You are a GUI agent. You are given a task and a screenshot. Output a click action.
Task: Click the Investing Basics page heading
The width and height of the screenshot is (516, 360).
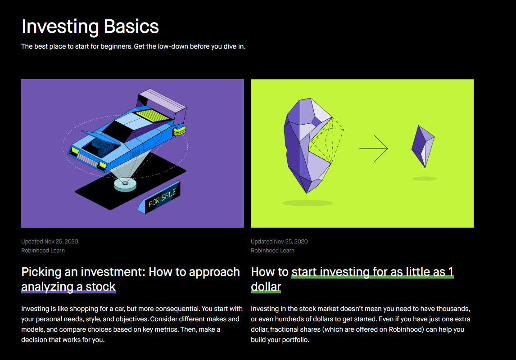pos(90,27)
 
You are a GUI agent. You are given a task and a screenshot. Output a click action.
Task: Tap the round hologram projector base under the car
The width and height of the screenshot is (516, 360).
pos(125,184)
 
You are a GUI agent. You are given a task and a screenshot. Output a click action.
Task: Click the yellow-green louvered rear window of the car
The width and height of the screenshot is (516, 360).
pos(153,115)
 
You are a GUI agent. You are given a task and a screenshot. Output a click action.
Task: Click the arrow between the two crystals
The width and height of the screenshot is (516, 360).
pos(374,148)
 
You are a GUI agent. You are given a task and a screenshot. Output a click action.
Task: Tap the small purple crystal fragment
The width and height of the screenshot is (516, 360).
pos(423,146)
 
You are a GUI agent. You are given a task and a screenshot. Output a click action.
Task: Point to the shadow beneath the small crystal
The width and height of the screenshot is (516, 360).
pos(425,179)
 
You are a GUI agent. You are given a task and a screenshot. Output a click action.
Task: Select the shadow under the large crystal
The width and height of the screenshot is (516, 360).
pos(308,203)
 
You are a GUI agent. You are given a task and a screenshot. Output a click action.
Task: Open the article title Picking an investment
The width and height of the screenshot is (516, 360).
pos(130,279)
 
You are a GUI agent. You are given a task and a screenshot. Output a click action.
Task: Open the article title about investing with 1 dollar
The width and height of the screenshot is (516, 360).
pos(352,279)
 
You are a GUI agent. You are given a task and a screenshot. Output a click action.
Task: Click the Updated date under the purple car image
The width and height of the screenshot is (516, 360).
pos(50,241)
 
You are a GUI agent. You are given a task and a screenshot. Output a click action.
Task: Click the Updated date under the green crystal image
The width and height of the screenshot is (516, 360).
pos(279,241)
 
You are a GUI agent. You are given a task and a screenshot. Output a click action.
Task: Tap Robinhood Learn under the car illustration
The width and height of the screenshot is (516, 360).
pos(43,251)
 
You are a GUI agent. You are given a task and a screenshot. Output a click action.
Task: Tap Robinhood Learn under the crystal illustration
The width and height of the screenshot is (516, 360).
pos(272,251)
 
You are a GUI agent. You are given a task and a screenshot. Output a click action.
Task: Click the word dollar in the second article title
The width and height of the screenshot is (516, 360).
pos(266,287)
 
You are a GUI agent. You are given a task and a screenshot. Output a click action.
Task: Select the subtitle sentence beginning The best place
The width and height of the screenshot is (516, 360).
pos(133,46)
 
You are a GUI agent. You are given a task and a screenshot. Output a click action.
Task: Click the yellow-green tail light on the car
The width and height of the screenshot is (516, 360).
pos(180,131)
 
